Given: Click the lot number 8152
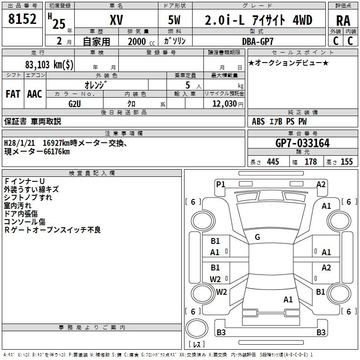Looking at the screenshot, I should tap(22, 19).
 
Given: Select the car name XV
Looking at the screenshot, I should tap(117, 20).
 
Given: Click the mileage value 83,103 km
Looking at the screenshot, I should tap(49, 64).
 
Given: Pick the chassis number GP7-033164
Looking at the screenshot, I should tap(302, 144).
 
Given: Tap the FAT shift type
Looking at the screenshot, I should tap(13, 94).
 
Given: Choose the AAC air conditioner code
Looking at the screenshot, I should tap(35, 94).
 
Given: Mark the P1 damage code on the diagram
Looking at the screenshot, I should tap(220, 184).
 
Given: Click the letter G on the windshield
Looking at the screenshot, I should tap(257, 237).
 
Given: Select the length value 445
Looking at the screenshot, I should tap(273, 162).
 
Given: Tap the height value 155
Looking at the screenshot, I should tap(346, 162).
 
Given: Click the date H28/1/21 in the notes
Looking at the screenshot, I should tap(19, 143).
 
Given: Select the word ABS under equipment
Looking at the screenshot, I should tap(258, 121).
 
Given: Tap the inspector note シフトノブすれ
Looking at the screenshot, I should tap(28, 197).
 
